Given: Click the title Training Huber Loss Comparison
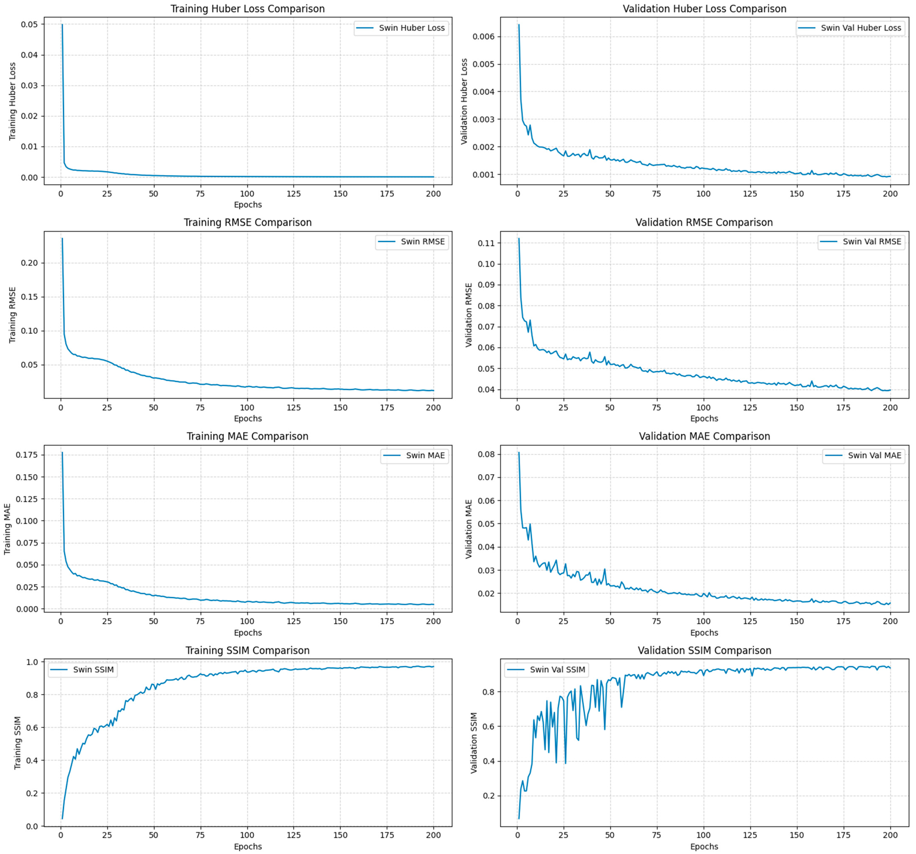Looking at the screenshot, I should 247,9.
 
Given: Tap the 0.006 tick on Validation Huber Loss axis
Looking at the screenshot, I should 484,37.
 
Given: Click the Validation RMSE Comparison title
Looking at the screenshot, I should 704,222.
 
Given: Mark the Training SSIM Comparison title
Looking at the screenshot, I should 247,650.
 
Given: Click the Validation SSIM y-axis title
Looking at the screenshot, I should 474,743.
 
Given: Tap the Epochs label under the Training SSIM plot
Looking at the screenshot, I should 247,847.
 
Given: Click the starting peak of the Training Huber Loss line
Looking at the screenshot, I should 62,24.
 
